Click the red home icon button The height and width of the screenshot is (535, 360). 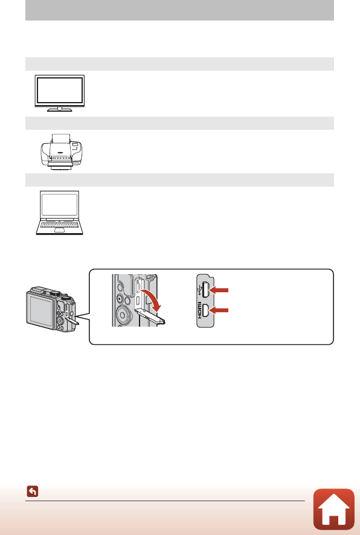[334, 508]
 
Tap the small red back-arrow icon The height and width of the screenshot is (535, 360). [33, 492]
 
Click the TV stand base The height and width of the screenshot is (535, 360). [59, 110]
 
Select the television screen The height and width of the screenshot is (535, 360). [59, 90]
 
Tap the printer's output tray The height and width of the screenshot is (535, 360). [60, 164]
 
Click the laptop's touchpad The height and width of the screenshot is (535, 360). [59, 230]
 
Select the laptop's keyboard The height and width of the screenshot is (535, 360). [59, 225]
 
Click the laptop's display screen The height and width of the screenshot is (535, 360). [59, 205]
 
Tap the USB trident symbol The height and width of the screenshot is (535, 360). [200, 290]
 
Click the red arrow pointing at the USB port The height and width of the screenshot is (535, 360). [219, 290]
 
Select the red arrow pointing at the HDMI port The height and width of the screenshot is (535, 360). [219, 310]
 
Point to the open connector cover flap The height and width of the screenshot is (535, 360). [150, 316]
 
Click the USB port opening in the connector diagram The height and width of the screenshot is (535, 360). [206, 290]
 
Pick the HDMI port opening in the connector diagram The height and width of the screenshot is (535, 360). [206, 311]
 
